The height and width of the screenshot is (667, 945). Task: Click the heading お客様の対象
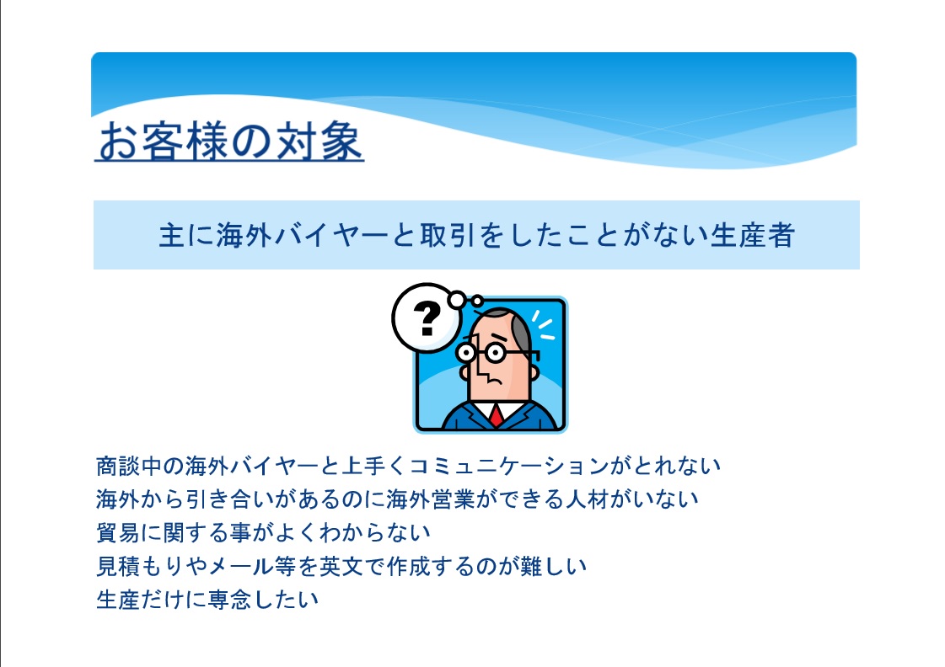tap(229, 141)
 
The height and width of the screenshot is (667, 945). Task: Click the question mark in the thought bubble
tap(427, 317)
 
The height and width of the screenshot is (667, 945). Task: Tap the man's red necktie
tap(497, 416)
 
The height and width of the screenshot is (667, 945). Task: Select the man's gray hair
tap(519, 332)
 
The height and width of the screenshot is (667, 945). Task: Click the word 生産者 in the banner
tap(753, 235)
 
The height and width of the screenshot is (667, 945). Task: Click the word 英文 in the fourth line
tap(341, 566)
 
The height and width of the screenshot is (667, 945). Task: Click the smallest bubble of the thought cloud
tap(477, 301)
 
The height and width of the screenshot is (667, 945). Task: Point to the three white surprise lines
tap(543, 325)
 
